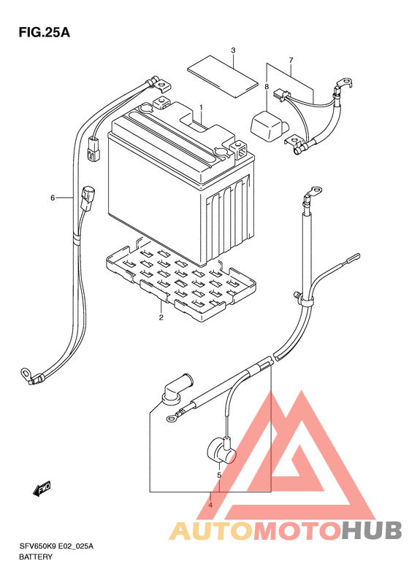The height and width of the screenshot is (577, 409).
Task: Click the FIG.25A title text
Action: pyautogui.click(x=45, y=33)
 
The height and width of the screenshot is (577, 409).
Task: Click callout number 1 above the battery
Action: pyautogui.click(x=201, y=107)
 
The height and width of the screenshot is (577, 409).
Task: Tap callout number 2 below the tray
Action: pyautogui.click(x=161, y=317)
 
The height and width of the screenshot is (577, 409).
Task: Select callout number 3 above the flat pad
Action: pyautogui.click(x=233, y=50)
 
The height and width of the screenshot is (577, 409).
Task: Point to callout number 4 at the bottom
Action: pyautogui.click(x=210, y=506)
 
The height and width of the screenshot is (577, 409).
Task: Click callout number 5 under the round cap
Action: pyautogui.click(x=219, y=476)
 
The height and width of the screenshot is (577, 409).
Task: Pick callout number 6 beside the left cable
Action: pyautogui.click(x=53, y=198)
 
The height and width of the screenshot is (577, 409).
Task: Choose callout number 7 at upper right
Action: pyautogui.click(x=291, y=60)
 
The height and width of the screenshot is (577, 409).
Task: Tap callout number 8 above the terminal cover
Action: pyautogui.click(x=267, y=87)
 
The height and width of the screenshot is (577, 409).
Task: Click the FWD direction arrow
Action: pyautogui.click(x=42, y=489)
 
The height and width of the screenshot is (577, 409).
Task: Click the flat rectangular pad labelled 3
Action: pyautogui.click(x=222, y=76)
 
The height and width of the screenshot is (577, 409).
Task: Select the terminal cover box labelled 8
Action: pyautogui.click(x=270, y=125)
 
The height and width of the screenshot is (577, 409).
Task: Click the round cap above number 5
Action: pyautogui.click(x=221, y=451)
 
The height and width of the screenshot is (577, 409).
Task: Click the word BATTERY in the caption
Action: pyautogui.click(x=36, y=557)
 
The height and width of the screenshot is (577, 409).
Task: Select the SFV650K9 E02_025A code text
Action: pyautogui.click(x=56, y=546)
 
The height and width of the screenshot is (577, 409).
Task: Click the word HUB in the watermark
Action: pyautogui.click(x=372, y=530)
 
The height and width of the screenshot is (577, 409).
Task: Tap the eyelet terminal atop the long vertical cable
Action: pyautogui.click(x=313, y=191)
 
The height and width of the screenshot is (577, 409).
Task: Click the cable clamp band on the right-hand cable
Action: pyautogui.click(x=305, y=301)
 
